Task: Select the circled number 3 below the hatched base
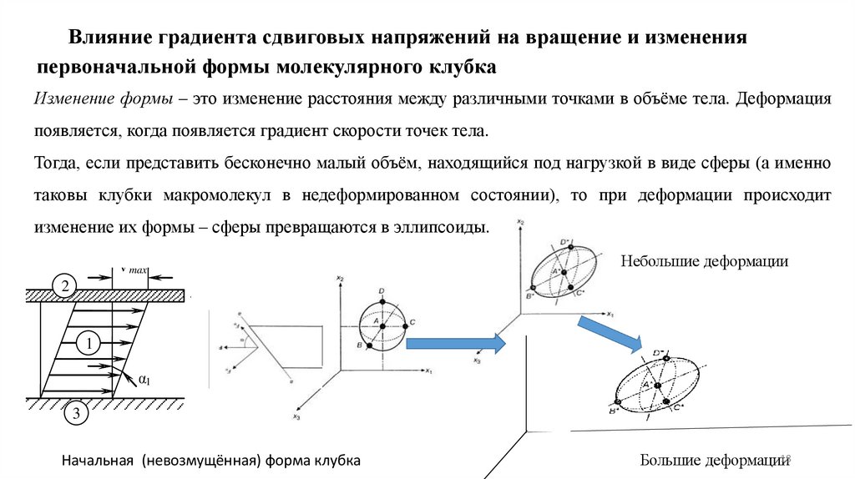pos(75,412)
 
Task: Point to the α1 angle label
pos(144,381)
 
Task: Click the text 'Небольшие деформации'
pos(704,261)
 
